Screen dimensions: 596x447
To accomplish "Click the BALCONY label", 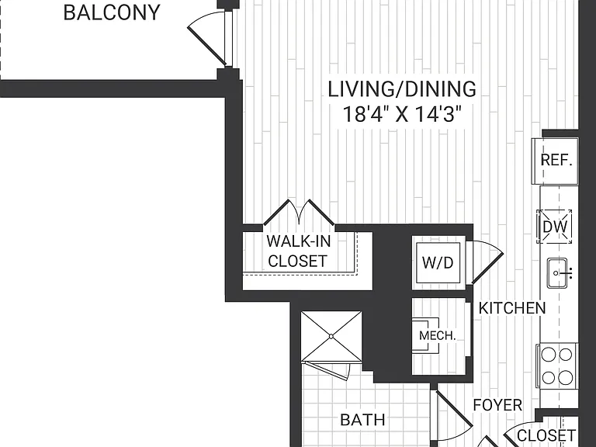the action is pyautogui.click(x=112, y=12).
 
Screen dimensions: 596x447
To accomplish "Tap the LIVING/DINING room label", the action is pyautogui.click(x=402, y=89).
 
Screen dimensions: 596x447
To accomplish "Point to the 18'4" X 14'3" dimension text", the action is pyautogui.click(x=402, y=114).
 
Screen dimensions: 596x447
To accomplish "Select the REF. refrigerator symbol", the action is pyautogui.click(x=556, y=161).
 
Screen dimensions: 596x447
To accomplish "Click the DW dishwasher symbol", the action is pyautogui.click(x=555, y=227).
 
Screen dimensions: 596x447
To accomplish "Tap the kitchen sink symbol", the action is pyautogui.click(x=557, y=273).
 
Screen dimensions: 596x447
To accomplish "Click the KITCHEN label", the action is pyautogui.click(x=511, y=308).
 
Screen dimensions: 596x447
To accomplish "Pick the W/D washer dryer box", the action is pyautogui.click(x=438, y=262).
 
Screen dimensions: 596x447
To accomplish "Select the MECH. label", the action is pyautogui.click(x=437, y=335).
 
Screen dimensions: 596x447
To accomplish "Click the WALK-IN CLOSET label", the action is pyautogui.click(x=298, y=251).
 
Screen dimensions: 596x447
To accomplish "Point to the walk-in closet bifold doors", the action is pyautogui.click(x=299, y=213).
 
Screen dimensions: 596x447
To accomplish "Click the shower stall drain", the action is pyautogui.click(x=331, y=336).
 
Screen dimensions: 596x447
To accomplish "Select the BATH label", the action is pyautogui.click(x=362, y=420).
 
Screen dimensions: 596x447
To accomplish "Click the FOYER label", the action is pyautogui.click(x=497, y=405).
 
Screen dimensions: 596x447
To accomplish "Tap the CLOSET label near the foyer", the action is pyautogui.click(x=546, y=435).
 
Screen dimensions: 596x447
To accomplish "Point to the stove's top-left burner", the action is pyautogui.click(x=548, y=355).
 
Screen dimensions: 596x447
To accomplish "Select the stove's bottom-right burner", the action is pyautogui.click(x=566, y=378).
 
